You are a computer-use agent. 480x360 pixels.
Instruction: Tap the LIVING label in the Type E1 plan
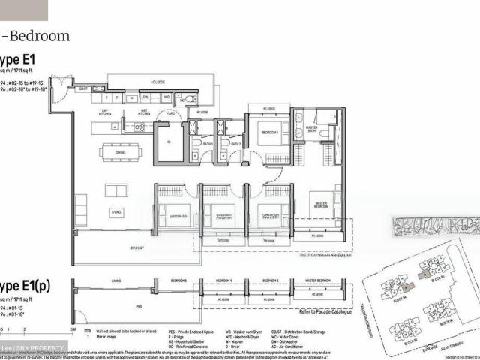click(116, 212)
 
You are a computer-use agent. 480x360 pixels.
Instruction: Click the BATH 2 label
click(235, 143)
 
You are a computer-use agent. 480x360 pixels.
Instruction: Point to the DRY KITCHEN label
click(106, 113)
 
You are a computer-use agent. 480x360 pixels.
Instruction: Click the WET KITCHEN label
click(137, 113)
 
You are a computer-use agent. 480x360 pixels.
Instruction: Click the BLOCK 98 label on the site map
click(446, 321)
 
